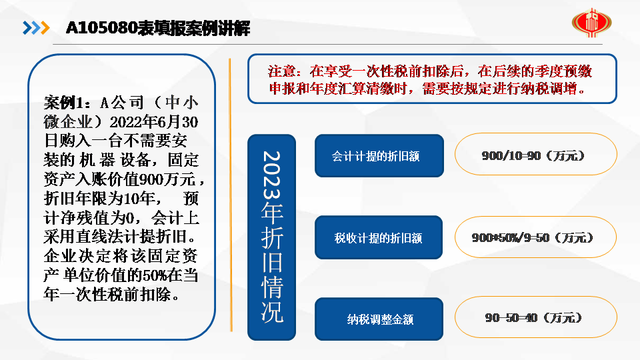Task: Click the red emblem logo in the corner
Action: [x=591, y=23]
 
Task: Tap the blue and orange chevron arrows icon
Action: [x=36, y=28]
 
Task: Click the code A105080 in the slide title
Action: [x=101, y=28]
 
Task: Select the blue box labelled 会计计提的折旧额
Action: [x=379, y=156]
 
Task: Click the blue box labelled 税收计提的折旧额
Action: [x=379, y=237]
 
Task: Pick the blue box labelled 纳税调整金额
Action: [x=379, y=319]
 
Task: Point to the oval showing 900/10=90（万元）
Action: [x=535, y=154]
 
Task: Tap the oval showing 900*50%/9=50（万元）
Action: [x=535, y=237]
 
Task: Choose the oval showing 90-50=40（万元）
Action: [x=535, y=317]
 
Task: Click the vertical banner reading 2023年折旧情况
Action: [x=272, y=237]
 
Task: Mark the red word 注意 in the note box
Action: [x=281, y=71]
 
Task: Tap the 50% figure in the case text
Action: [x=154, y=275]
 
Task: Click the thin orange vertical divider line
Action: [x=231, y=195]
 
